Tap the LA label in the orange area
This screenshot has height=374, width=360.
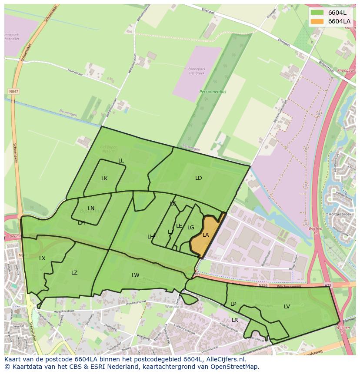click(x=206, y=235)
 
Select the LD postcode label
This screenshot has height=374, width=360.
click(x=198, y=178)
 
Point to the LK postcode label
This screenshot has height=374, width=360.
click(x=104, y=179)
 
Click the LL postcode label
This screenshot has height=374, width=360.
click(x=121, y=161)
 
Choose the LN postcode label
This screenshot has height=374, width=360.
click(x=91, y=209)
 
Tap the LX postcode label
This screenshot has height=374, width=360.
click(x=42, y=258)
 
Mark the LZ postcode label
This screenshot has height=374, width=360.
click(x=74, y=273)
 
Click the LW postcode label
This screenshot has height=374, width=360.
click(x=136, y=275)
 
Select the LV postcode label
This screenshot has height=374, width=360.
click(x=287, y=307)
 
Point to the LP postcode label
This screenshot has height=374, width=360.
click(x=233, y=304)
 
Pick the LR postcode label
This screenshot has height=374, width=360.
click(x=235, y=320)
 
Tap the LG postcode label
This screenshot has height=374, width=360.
click(x=190, y=228)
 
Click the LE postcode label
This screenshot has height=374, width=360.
click(x=179, y=226)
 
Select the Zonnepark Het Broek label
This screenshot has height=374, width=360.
click(x=197, y=71)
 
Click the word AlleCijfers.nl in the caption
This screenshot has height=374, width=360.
click(x=225, y=359)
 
